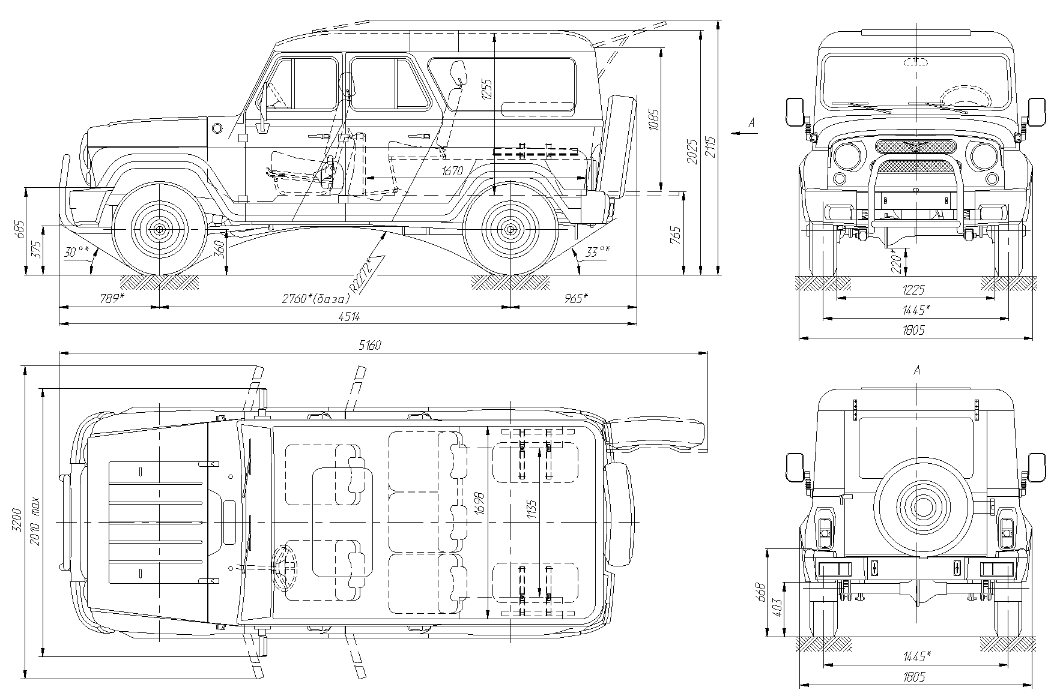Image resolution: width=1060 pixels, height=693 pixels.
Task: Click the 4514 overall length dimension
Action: coord(349,317)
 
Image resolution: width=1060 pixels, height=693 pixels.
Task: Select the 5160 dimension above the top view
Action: coord(370,346)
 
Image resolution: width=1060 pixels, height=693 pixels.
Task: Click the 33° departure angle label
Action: coord(597,252)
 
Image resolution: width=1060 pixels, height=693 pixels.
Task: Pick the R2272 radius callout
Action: coord(365,274)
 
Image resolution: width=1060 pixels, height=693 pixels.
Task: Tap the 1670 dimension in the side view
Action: coord(452,171)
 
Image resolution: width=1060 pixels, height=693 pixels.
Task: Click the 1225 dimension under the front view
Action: coord(913,290)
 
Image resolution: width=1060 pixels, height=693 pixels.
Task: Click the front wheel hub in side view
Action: coord(160,229)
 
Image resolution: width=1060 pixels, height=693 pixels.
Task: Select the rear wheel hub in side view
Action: coord(510,229)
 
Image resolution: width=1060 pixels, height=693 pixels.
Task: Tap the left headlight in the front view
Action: coord(847,155)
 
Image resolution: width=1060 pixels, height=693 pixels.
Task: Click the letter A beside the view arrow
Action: coord(751,124)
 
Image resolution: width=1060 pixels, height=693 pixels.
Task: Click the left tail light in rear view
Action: coord(825,529)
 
